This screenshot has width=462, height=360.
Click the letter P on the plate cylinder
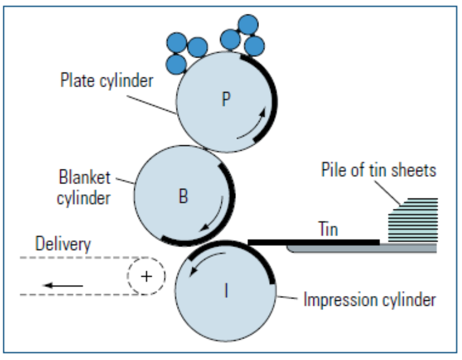click(226, 100)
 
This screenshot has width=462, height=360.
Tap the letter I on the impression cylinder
click(226, 291)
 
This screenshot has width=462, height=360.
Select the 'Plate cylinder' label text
click(106, 81)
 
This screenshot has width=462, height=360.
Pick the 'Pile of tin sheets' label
click(379, 171)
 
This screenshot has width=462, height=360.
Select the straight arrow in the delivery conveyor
click(63, 285)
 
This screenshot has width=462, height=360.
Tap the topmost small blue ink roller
click(248, 24)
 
